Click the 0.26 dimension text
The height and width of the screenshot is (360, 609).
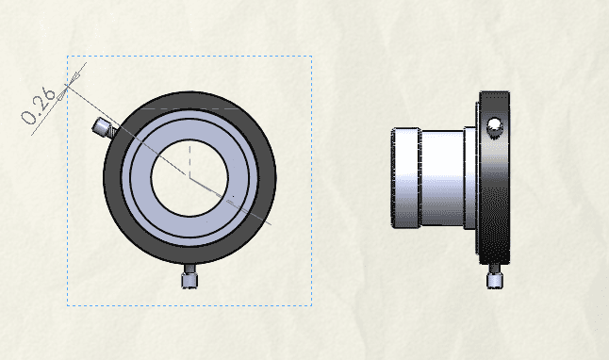click(x=39, y=106)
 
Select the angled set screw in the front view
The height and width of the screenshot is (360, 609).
click(x=105, y=128)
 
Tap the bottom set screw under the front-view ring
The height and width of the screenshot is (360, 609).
click(x=189, y=276)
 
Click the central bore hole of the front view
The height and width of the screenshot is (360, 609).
click(x=189, y=178)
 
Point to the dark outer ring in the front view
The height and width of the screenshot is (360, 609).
click(x=189, y=100)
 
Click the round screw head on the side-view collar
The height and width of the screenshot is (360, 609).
click(x=494, y=124)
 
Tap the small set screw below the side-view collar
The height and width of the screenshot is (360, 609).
click(x=494, y=277)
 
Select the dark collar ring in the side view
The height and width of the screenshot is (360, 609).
click(x=494, y=178)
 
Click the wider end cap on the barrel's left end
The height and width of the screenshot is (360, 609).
click(x=406, y=178)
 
